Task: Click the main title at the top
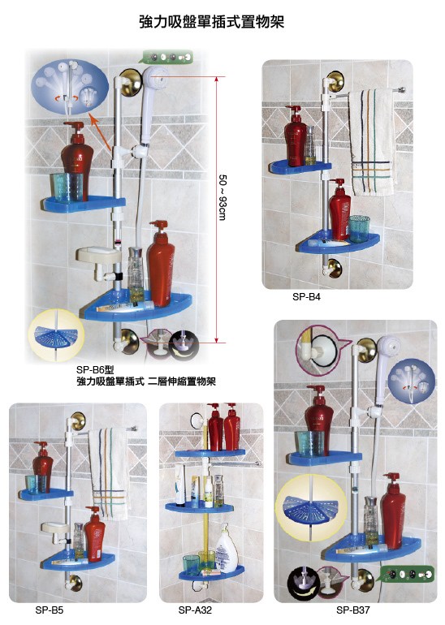pyautogui.click(x=211, y=22)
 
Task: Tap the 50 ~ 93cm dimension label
pyautogui.click(x=222, y=197)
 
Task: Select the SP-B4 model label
pyautogui.click(x=306, y=297)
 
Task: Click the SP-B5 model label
pyautogui.click(x=49, y=610)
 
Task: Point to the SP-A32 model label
pyautogui.click(x=195, y=610)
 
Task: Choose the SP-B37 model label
pyautogui.click(x=353, y=610)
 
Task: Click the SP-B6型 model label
pyautogui.click(x=95, y=370)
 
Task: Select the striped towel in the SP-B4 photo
pyautogui.click(x=372, y=142)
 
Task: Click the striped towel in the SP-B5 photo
pyautogui.click(x=109, y=474)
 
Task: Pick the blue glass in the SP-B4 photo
pyautogui.click(x=359, y=229)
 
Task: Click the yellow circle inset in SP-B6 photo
pyautogui.click(x=56, y=334)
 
